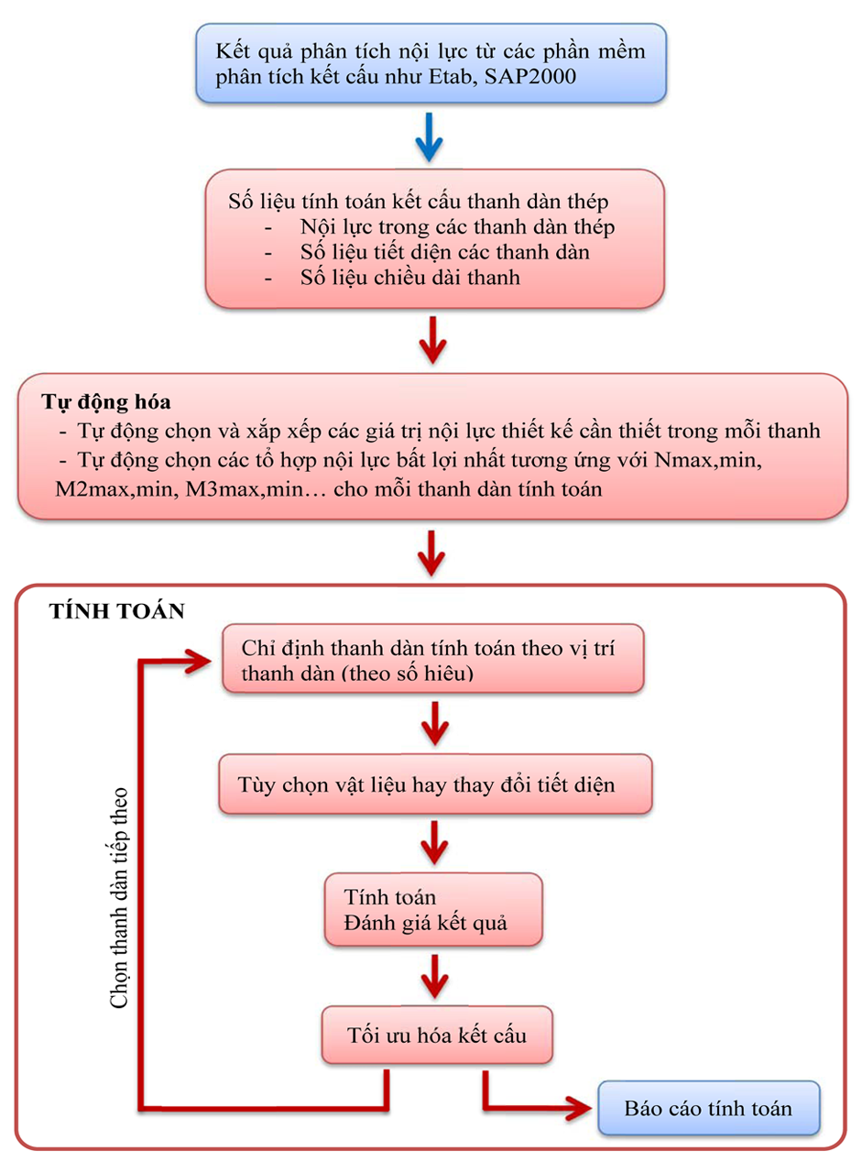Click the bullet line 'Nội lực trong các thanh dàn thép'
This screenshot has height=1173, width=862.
tap(456, 226)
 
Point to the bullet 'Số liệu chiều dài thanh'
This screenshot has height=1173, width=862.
tap(409, 278)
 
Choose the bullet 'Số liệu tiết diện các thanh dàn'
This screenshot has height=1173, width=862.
tap(444, 252)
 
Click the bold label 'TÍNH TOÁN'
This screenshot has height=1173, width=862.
tap(116, 611)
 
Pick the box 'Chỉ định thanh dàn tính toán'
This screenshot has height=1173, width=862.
tap(432, 661)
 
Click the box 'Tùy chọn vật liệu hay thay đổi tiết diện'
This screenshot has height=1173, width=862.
tap(435, 785)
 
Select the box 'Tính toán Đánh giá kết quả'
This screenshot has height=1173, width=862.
tap(432, 910)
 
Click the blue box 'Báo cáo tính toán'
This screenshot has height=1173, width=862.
tap(707, 1108)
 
